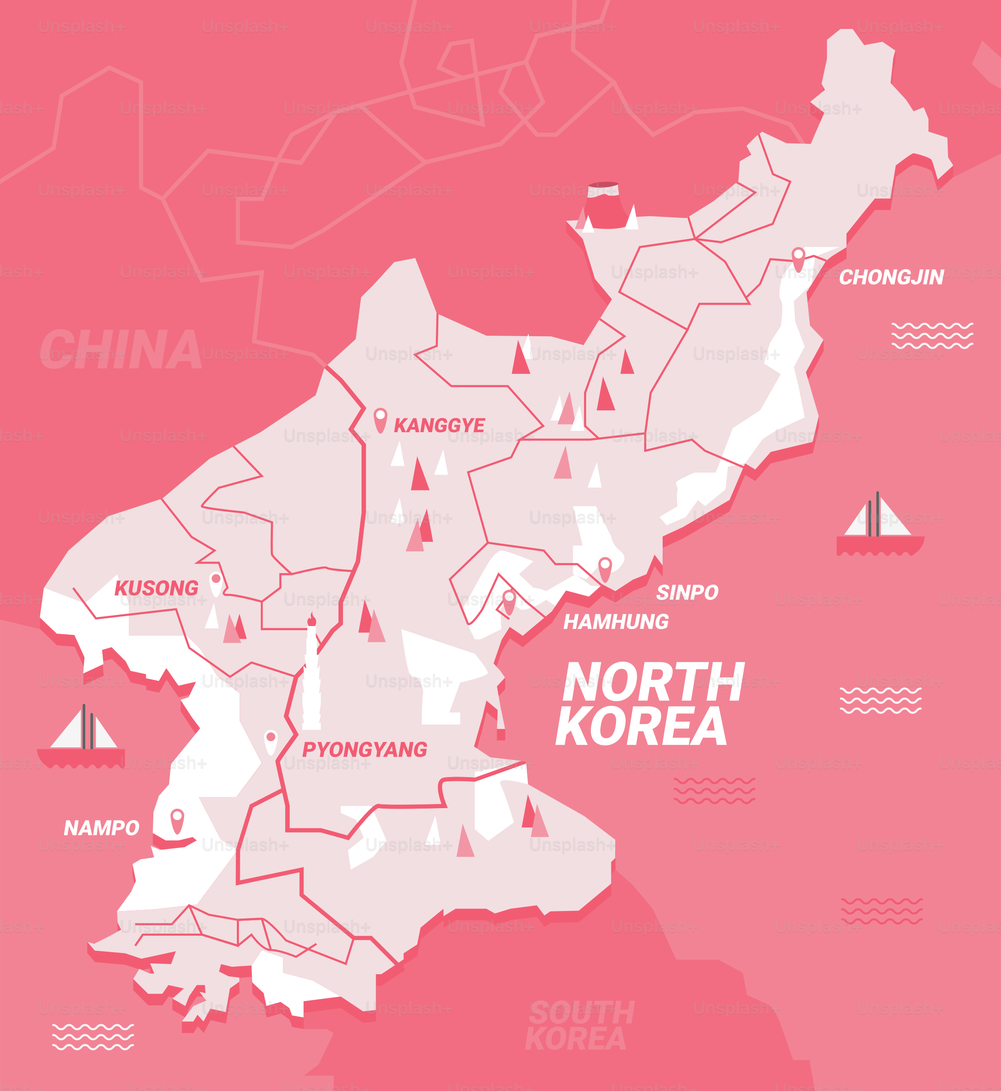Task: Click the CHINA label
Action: pos(120,350)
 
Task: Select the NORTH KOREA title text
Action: pos(650,703)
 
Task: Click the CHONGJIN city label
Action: pos(891,277)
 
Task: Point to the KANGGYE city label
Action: pos(439,425)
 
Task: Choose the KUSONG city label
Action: pos(156,588)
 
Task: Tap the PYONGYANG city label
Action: pos(364,750)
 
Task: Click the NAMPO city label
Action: pos(101,828)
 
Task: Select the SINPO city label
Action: pos(687,592)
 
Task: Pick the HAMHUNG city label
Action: pos(616,621)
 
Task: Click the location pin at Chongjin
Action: pos(798,258)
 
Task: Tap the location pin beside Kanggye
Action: pos(380,419)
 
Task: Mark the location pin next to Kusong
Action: pos(215,583)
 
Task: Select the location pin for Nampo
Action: pos(177,820)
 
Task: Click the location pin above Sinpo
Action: pos(605,568)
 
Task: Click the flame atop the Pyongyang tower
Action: pos(312,619)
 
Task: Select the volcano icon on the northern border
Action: pos(603,206)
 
